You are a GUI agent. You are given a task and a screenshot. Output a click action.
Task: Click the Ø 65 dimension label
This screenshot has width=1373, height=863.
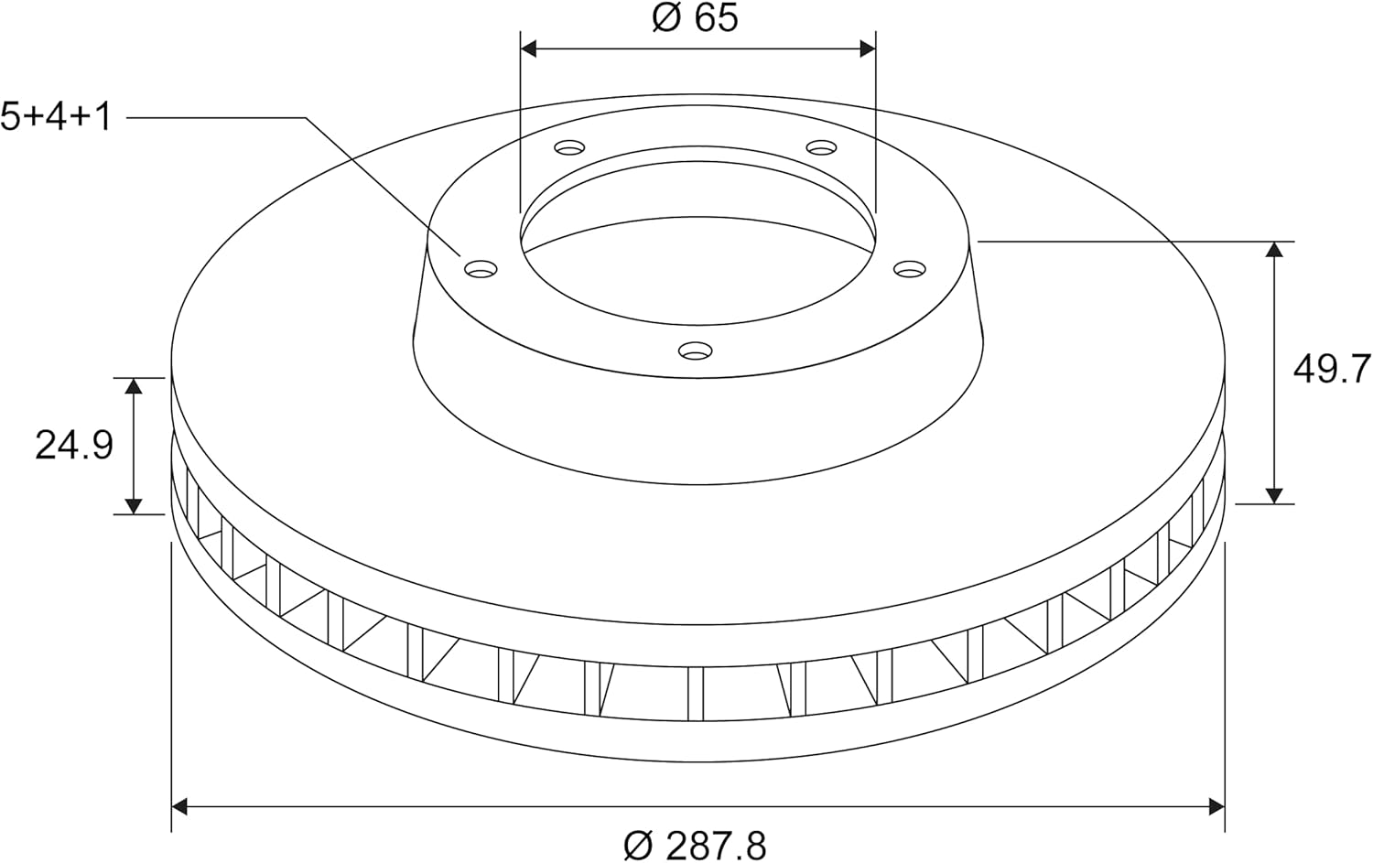point(695,18)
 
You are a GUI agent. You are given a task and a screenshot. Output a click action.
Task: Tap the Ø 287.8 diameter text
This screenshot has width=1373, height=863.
point(695,847)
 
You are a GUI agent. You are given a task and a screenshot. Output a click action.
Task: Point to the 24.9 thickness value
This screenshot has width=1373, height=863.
point(74,445)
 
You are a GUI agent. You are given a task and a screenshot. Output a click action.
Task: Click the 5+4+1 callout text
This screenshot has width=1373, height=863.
point(56,116)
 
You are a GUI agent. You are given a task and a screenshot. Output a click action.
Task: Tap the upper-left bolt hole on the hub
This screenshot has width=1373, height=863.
point(569,147)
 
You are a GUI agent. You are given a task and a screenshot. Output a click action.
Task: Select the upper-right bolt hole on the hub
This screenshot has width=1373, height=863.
point(821,147)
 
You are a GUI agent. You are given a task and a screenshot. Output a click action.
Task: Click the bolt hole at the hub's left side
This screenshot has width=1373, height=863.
point(481,268)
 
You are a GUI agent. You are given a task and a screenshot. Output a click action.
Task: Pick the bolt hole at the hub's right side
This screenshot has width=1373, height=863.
point(910,268)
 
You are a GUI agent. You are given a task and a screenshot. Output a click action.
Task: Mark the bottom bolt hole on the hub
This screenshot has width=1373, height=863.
point(695,351)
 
